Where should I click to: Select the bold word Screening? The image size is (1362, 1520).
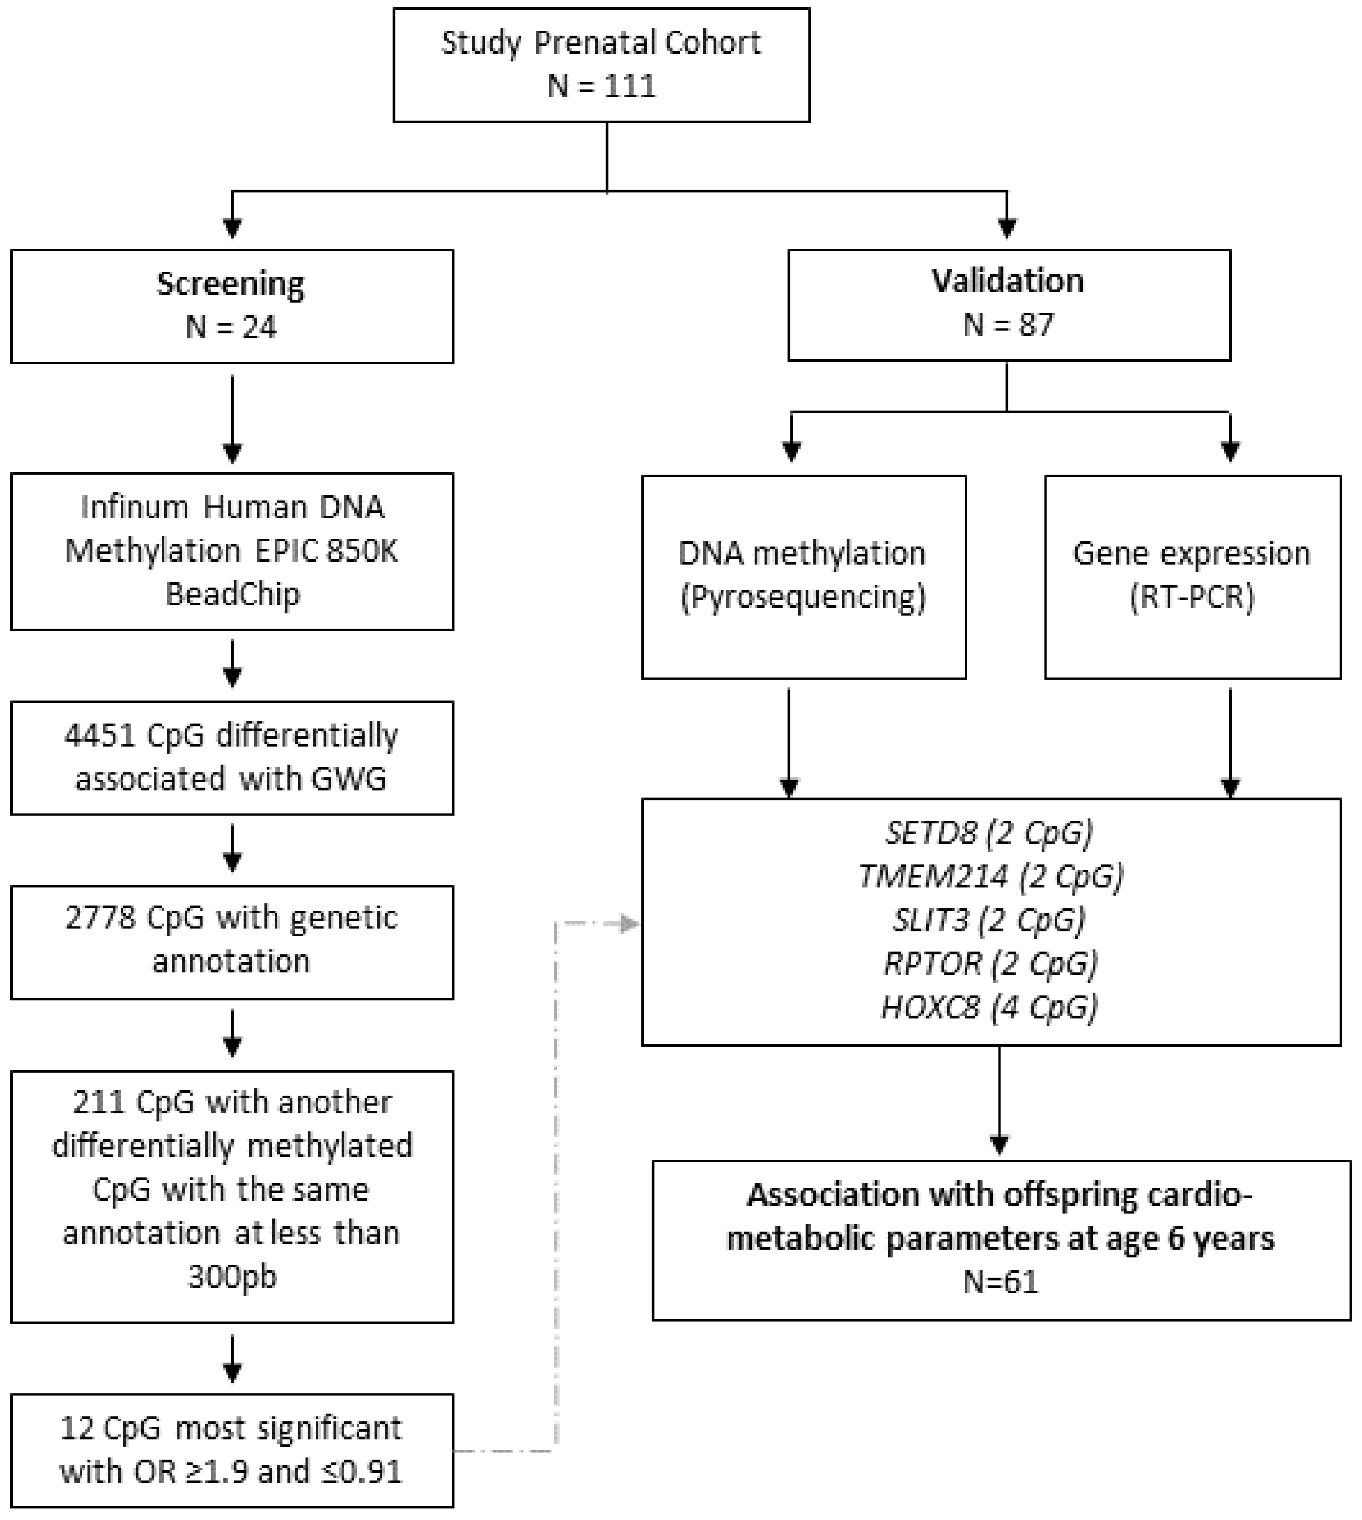pos(231,284)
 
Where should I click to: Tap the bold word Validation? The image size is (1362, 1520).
pos(1007,281)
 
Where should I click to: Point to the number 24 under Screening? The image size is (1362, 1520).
pos(259,328)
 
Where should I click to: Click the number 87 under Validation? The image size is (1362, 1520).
pos(1035,325)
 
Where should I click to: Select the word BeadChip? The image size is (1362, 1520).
pos(232,595)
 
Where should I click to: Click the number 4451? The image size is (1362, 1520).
pos(100,735)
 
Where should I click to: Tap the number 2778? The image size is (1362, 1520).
pos(100,918)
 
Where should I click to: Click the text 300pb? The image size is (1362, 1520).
pos(232,1276)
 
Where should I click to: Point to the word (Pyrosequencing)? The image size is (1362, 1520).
pos(803,597)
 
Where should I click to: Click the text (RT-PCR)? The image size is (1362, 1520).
pos(1191,597)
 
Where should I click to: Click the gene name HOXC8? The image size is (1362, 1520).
pos(929,1007)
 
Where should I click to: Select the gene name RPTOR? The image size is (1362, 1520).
pos(932,964)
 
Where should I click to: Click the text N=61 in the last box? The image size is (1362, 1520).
pos(1000,1282)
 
